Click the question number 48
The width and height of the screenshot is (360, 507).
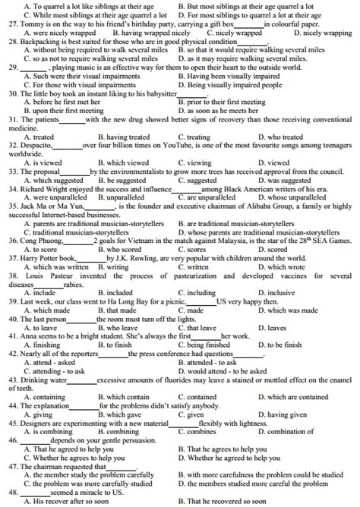[13, 491]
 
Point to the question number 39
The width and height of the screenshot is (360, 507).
[13, 301]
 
